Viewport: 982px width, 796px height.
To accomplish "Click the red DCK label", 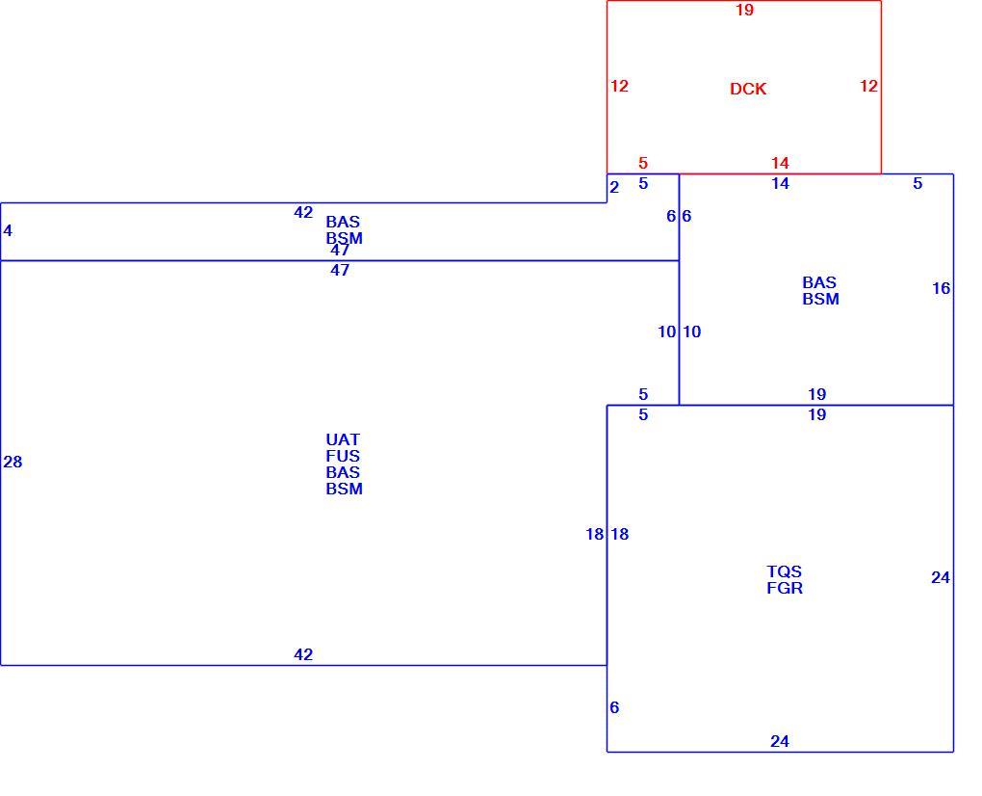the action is (x=748, y=89).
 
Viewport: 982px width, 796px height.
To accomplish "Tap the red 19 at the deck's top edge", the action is (x=744, y=10).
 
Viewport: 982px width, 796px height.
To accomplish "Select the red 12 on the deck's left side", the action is (x=619, y=86).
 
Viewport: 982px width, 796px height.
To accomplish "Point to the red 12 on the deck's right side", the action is (x=868, y=86).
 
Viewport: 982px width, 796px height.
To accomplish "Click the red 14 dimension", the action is (x=780, y=163).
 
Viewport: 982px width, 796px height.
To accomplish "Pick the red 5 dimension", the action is (x=642, y=163).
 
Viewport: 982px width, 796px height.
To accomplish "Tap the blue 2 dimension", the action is (x=614, y=187).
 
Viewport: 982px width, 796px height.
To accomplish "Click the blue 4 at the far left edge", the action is (x=8, y=230).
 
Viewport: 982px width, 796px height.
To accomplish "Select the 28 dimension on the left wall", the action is (x=13, y=462).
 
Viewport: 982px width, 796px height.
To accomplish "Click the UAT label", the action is (x=343, y=439).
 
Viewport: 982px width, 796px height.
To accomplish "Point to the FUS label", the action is (x=343, y=456).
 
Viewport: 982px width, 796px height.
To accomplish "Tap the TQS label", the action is (x=784, y=571).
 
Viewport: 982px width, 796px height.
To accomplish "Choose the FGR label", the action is (x=785, y=588).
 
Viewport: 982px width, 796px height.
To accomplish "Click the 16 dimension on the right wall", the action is (x=942, y=288).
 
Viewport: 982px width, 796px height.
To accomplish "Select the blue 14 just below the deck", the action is (x=781, y=184).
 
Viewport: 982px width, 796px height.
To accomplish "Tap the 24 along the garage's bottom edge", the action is (x=780, y=741).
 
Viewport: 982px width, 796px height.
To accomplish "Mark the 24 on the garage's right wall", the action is (x=941, y=577).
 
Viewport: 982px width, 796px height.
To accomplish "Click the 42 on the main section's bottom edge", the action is (x=303, y=654).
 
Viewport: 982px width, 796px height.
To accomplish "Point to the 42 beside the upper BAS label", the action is (x=303, y=212).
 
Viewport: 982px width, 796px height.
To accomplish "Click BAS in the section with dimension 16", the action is (x=819, y=282).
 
